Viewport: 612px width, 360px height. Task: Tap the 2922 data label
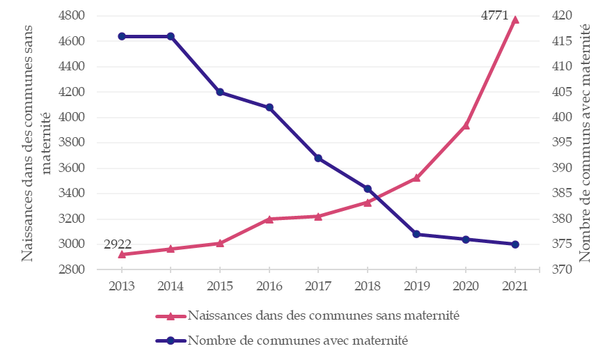[118, 244]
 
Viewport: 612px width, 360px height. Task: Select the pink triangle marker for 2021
[515, 19]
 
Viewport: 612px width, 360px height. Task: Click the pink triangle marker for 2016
[269, 219]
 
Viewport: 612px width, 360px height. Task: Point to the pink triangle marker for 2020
[466, 125]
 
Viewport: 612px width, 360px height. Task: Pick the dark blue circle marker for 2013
[122, 36]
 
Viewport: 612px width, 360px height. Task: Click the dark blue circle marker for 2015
[220, 92]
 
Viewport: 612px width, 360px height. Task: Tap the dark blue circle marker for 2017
[318, 158]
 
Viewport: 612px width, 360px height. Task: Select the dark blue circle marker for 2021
[515, 244]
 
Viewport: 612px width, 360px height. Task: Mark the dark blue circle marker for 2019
[416, 234]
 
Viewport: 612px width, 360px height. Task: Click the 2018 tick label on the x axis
[367, 286]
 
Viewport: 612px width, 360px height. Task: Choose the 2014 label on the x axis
[171, 286]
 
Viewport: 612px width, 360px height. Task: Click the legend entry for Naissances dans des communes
[323, 315]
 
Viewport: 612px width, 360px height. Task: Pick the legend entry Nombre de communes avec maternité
[297, 341]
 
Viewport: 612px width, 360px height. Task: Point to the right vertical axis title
[586, 143]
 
